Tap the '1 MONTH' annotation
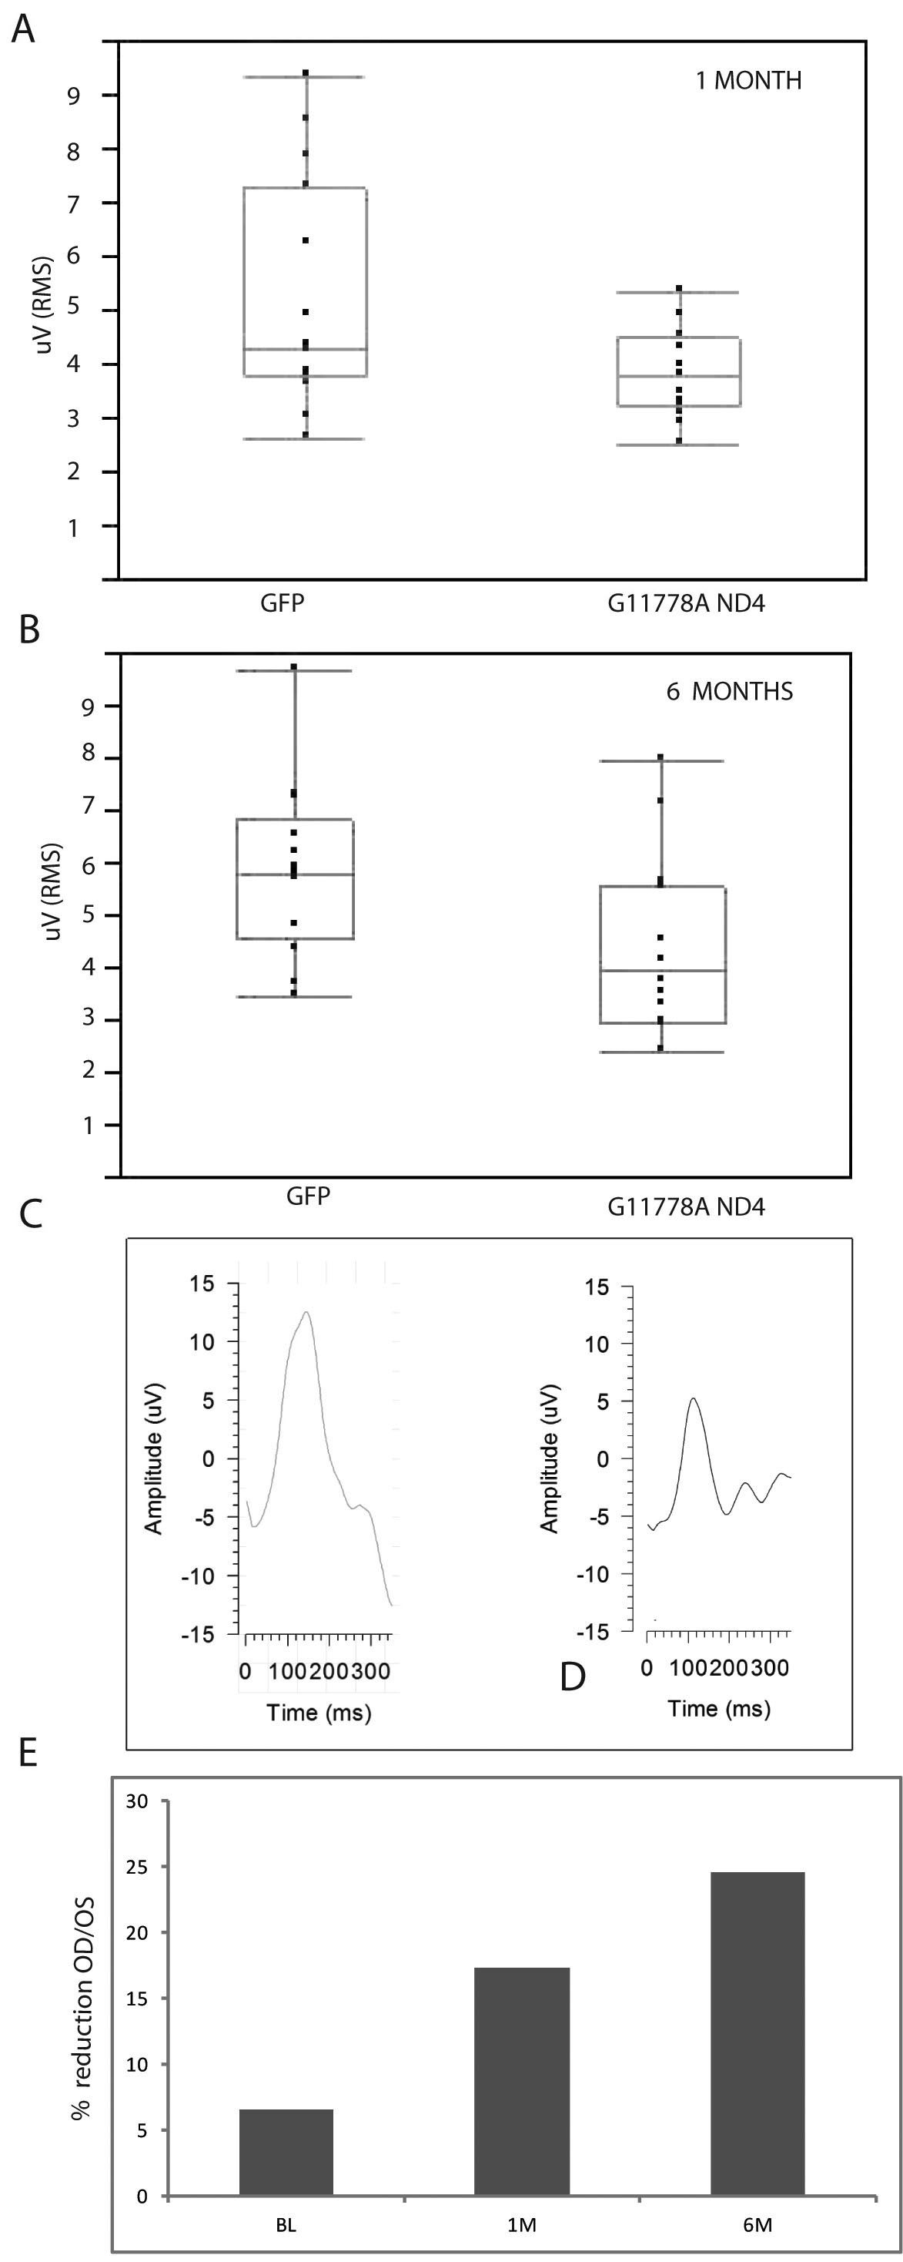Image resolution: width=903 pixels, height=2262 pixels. pyautogui.click(x=747, y=81)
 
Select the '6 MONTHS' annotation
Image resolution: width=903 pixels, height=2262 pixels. pyautogui.click(x=728, y=692)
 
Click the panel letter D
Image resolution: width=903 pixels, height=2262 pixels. pyautogui.click(x=572, y=1676)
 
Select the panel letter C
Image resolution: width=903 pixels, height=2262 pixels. pyautogui.click(x=31, y=1213)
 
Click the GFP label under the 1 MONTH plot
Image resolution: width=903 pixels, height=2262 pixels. pyautogui.click(x=283, y=603)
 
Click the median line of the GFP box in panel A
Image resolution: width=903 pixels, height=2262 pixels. pyautogui.click(x=305, y=350)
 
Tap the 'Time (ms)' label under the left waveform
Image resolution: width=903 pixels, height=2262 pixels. pyautogui.click(x=319, y=1713)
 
